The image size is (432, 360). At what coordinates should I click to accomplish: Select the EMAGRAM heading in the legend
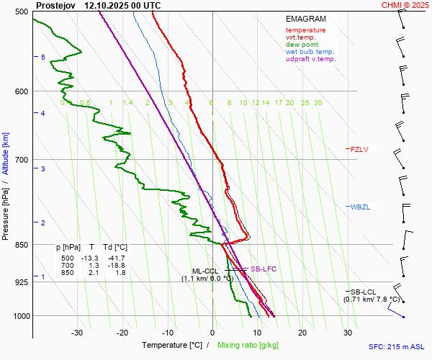305,19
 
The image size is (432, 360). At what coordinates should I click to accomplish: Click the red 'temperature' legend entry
305,30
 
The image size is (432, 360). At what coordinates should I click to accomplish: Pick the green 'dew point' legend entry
302,45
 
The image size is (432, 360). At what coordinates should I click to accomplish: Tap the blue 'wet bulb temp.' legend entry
310,52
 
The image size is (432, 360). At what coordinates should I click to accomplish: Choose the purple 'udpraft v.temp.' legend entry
310,59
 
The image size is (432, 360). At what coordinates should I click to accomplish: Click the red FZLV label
359,150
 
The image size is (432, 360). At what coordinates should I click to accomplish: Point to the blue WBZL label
359,207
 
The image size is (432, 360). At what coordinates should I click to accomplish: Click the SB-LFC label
263,269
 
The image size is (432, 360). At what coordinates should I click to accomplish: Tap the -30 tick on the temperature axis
77,333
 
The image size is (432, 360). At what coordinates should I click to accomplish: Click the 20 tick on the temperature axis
302,333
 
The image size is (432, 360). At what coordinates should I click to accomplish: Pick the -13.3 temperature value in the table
89,258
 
